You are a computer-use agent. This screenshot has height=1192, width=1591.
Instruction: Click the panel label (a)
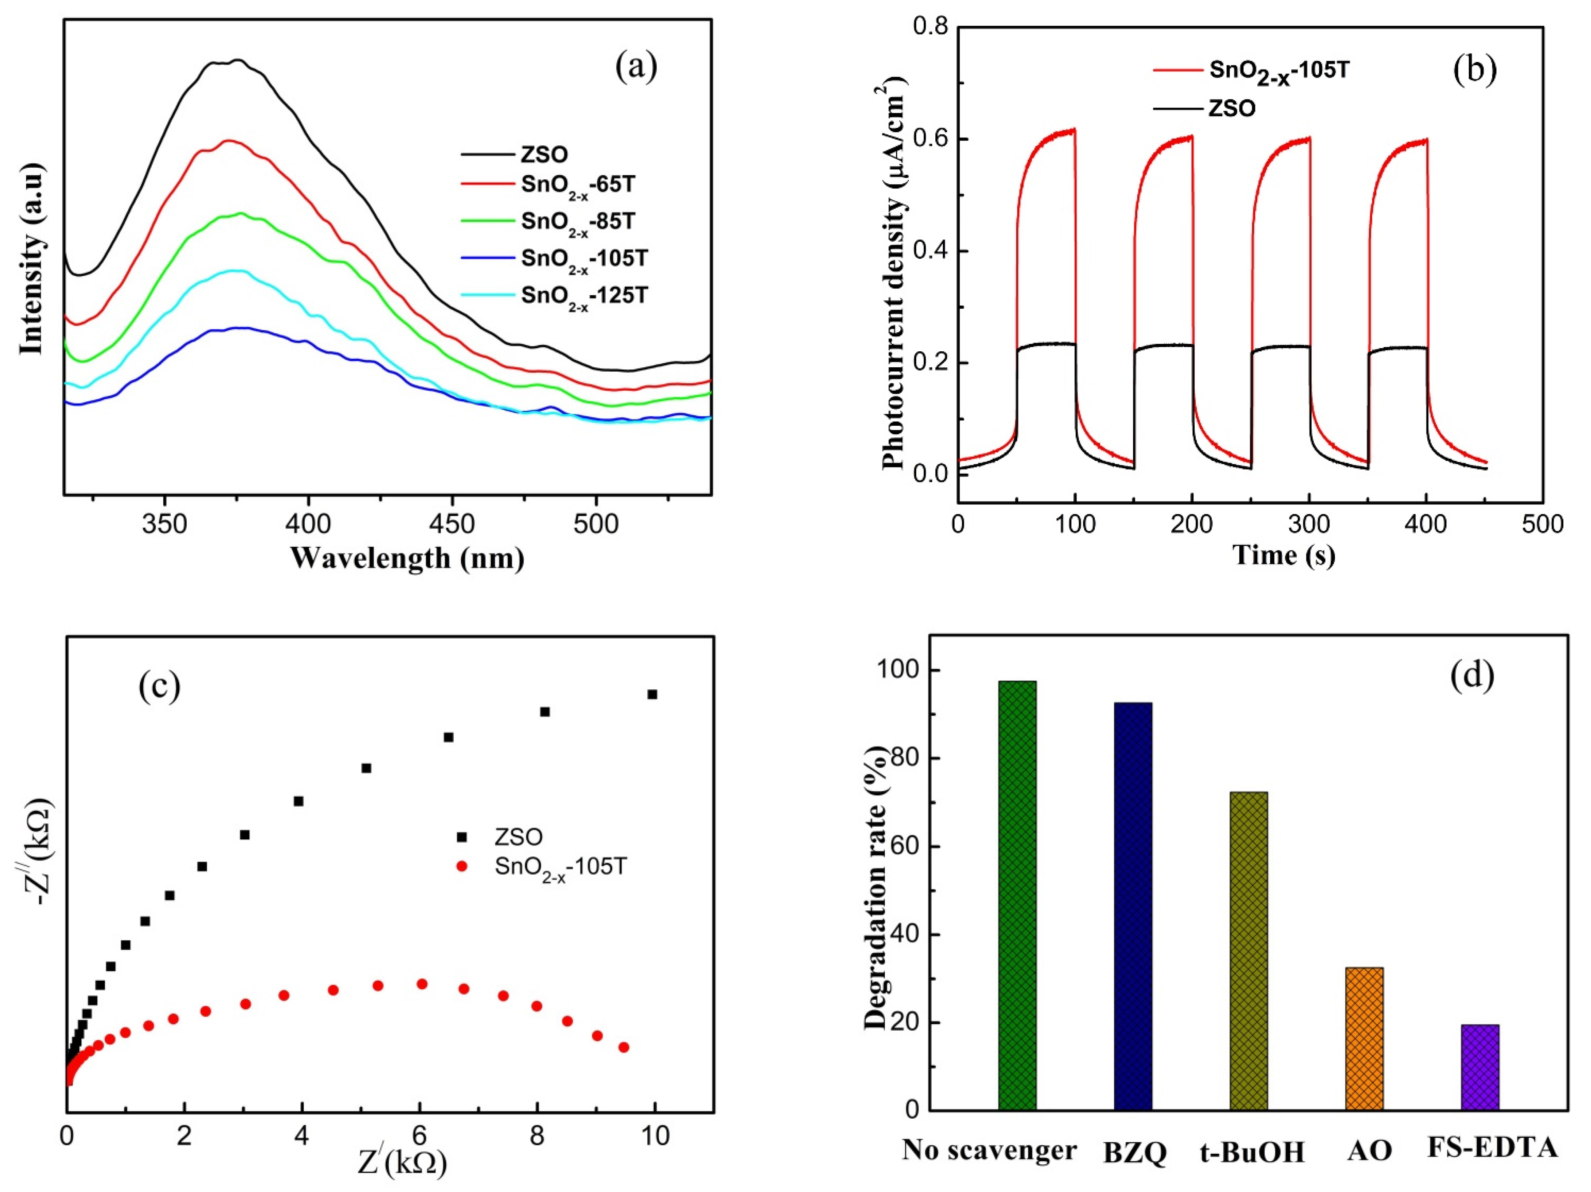point(636,67)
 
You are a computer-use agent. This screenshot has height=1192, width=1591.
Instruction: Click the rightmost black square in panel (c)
point(652,694)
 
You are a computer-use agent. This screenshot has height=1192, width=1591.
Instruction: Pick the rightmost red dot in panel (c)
point(624,1047)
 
